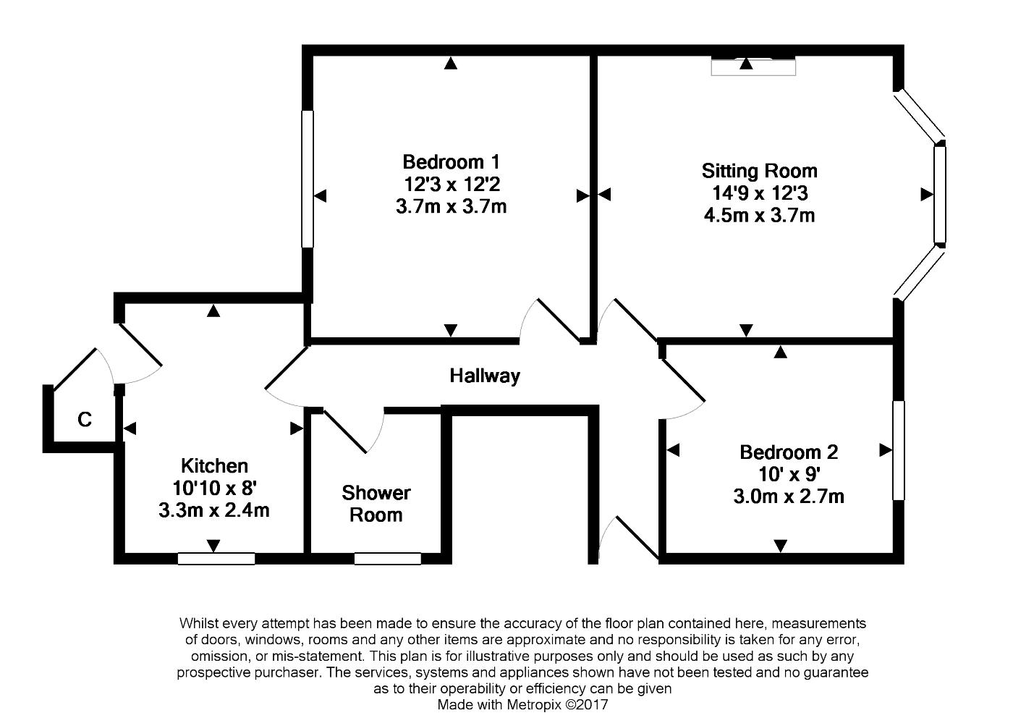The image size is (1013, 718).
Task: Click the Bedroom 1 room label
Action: (452, 162)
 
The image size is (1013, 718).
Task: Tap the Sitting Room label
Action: (759, 171)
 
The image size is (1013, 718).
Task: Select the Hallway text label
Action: (485, 376)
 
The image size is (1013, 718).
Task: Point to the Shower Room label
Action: (376, 504)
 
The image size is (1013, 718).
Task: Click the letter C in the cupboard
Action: (85, 419)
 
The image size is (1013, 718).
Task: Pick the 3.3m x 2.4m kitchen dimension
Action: (214, 510)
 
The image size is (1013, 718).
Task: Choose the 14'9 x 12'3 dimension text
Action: (760, 193)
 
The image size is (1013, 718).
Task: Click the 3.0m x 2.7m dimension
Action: (789, 497)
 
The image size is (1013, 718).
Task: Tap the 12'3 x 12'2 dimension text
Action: (452, 184)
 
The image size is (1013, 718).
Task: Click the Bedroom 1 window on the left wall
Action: (308, 179)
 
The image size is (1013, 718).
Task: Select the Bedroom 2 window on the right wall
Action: (898, 450)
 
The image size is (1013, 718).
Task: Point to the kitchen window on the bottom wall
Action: (216, 559)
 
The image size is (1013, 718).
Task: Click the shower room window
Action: (388, 559)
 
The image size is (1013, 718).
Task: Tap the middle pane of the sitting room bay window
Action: (940, 195)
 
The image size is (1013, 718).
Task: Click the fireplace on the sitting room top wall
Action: (753, 67)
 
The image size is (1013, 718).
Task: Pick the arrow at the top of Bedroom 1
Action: (450, 63)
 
